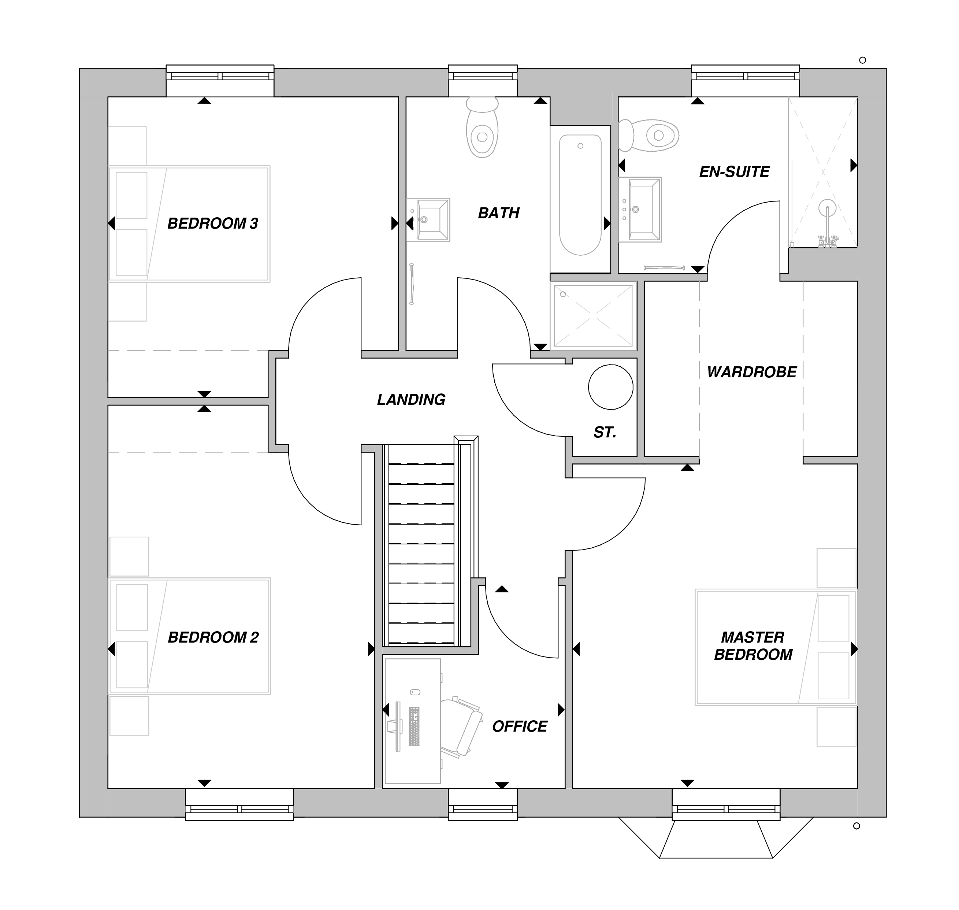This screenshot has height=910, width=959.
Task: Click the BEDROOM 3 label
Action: point(212,223)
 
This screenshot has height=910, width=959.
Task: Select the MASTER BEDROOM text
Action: point(753,646)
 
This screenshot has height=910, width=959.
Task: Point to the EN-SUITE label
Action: point(734,172)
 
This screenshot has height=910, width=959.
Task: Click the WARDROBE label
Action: point(751,372)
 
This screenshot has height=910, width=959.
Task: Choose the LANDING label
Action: point(411,400)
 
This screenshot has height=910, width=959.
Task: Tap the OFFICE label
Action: point(519,726)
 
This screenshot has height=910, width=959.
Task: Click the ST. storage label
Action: point(605,432)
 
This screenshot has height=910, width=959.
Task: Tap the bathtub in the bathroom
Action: point(580,194)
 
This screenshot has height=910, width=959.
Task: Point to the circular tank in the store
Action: point(610,387)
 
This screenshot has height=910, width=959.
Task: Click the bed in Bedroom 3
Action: point(189,223)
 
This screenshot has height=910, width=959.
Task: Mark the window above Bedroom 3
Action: point(220,77)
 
